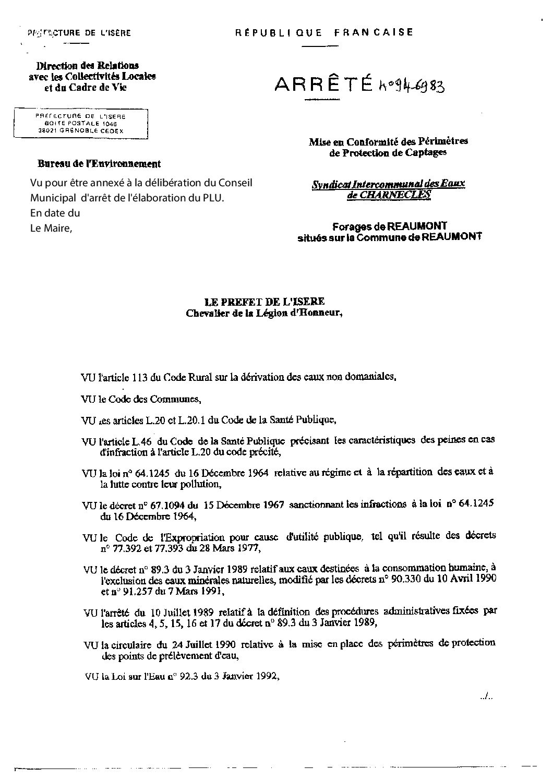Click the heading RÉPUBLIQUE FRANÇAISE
(324, 32)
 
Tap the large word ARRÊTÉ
(323, 85)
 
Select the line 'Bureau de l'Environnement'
(99, 164)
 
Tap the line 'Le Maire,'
(50, 227)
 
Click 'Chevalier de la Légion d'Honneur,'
(264, 313)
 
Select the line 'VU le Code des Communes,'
(141, 400)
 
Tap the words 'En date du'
(55, 213)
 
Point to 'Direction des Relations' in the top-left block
(87, 66)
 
